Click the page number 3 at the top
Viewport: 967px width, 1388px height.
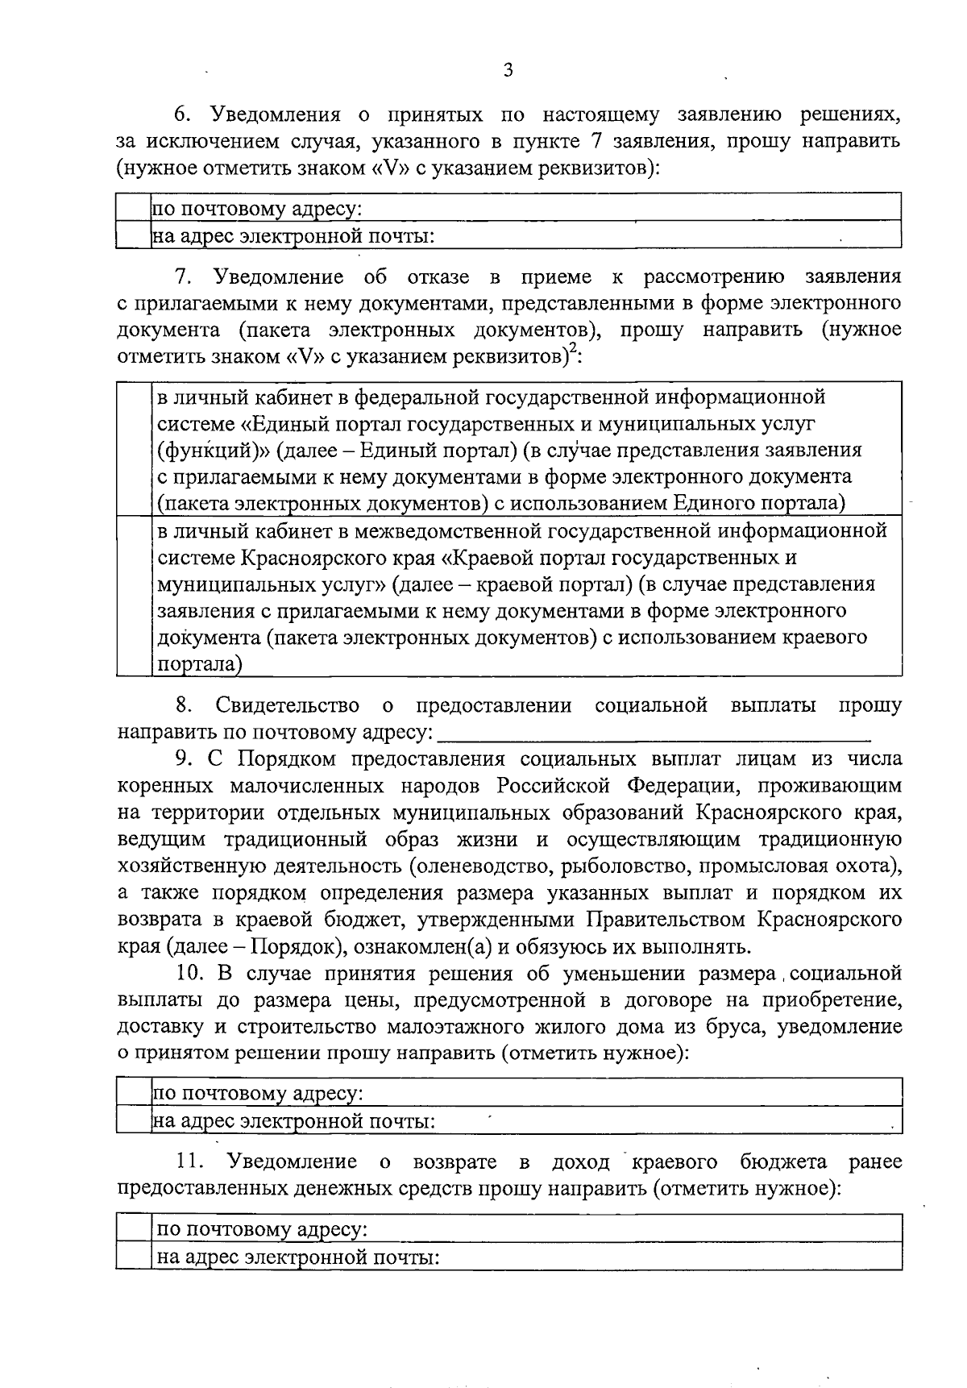point(508,70)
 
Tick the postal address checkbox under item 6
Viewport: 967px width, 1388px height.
point(134,209)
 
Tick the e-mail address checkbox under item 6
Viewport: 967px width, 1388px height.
point(134,235)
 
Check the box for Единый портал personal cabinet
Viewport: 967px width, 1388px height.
point(134,449)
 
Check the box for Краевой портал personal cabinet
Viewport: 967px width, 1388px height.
point(134,596)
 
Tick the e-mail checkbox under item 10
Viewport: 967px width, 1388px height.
point(134,1120)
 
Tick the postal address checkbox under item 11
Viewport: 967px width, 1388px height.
point(134,1229)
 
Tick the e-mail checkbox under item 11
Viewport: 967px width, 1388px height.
point(134,1256)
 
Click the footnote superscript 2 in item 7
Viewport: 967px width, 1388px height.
point(574,348)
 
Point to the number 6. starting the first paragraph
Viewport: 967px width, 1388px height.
point(181,115)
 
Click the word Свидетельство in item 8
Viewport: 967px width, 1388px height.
point(288,706)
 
